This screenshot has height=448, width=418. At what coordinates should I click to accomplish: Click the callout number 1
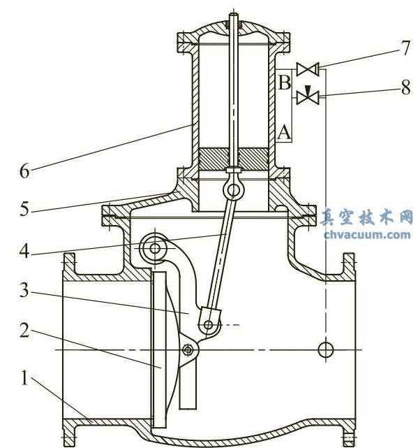(x=25, y=380)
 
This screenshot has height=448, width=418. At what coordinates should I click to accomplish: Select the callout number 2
(x=25, y=331)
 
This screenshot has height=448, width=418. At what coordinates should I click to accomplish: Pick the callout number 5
(x=25, y=208)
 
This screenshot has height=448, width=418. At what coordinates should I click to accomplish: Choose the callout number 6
(x=25, y=170)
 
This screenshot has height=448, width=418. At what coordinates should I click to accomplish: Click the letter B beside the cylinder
(x=284, y=83)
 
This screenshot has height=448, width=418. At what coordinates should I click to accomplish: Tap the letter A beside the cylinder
(x=284, y=130)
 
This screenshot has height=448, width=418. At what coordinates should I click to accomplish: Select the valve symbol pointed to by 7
(x=307, y=68)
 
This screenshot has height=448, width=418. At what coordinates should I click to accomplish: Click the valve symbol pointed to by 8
(x=307, y=96)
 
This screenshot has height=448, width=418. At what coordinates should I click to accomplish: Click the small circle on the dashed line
(x=325, y=349)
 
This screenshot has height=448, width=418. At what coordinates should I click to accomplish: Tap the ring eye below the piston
(x=233, y=189)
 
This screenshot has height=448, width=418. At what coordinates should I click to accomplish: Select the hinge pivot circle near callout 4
(x=153, y=247)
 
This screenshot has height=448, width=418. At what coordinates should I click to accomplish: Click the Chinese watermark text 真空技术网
(x=367, y=217)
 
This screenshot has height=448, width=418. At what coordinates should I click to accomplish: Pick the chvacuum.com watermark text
(x=367, y=234)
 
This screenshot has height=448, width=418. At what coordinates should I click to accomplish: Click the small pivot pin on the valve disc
(x=188, y=349)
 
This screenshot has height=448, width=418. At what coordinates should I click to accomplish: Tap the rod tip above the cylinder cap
(x=233, y=15)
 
